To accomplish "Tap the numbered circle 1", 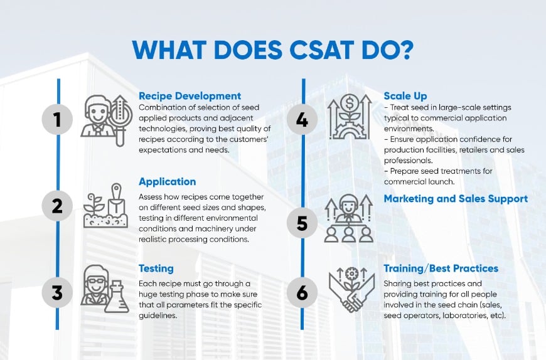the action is click(x=58, y=119).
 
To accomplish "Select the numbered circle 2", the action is click(x=58, y=206).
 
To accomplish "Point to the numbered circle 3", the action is click(x=58, y=292).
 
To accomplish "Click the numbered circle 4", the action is click(x=302, y=120).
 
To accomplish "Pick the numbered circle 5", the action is click(x=302, y=223).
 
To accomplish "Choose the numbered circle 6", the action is click(x=302, y=292).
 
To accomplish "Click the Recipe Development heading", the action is click(x=190, y=96).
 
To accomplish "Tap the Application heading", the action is click(x=167, y=182).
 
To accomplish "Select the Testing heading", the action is click(x=156, y=268).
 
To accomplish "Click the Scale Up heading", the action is click(x=405, y=96).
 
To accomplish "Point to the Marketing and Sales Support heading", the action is click(x=456, y=199).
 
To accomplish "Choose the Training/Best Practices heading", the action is click(x=441, y=268).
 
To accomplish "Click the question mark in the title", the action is click(x=404, y=50).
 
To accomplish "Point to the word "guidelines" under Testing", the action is click(x=158, y=315).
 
